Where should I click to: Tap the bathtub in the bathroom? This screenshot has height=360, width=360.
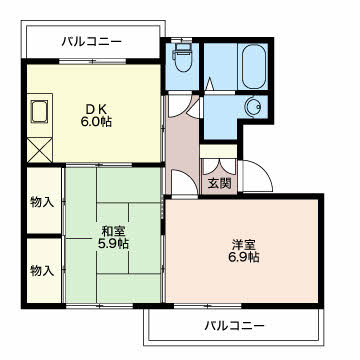[249, 65]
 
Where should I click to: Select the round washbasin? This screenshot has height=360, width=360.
[253, 108]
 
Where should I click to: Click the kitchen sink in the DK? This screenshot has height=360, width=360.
[41, 111]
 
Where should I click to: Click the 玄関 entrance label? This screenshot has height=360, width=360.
[218, 184]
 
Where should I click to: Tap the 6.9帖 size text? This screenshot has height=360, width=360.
[243, 257]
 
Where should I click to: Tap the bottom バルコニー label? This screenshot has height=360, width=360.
[235, 326]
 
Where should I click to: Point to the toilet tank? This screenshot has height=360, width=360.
[182, 46]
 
